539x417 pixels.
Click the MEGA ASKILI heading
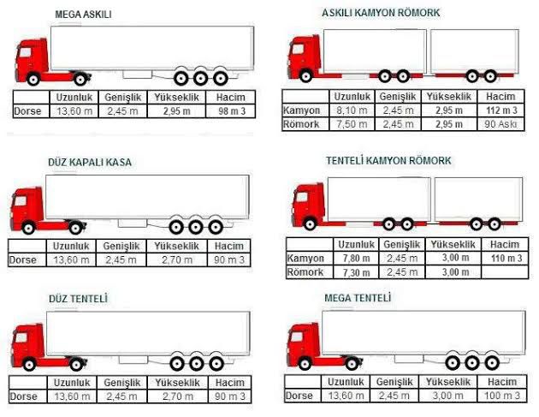click(x=83, y=15)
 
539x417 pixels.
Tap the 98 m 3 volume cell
click(x=232, y=111)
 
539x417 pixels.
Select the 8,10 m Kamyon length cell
click(x=352, y=110)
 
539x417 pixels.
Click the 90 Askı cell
click(x=500, y=124)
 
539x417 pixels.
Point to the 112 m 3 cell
click(x=501, y=110)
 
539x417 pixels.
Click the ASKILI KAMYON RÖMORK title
click(x=381, y=13)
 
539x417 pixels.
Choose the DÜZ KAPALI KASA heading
click(x=90, y=162)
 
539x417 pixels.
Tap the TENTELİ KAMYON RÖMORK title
click(x=388, y=160)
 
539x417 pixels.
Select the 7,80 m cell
click(x=356, y=258)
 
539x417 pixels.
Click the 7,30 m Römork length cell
click(x=356, y=272)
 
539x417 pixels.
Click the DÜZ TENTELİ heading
click(x=78, y=298)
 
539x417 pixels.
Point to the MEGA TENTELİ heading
click(x=358, y=298)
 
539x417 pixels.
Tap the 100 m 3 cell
click(x=502, y=396)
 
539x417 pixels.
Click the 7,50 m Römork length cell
click(x=352, y=124)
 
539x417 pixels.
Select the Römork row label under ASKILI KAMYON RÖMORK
click(x=301, y=124)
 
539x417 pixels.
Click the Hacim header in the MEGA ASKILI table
click(x=231, y=98)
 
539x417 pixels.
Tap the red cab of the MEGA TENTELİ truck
click(x=303, y=344)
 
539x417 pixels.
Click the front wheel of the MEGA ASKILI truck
click(x=33, y=80)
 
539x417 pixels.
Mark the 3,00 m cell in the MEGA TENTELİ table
click(x=447, y=396)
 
